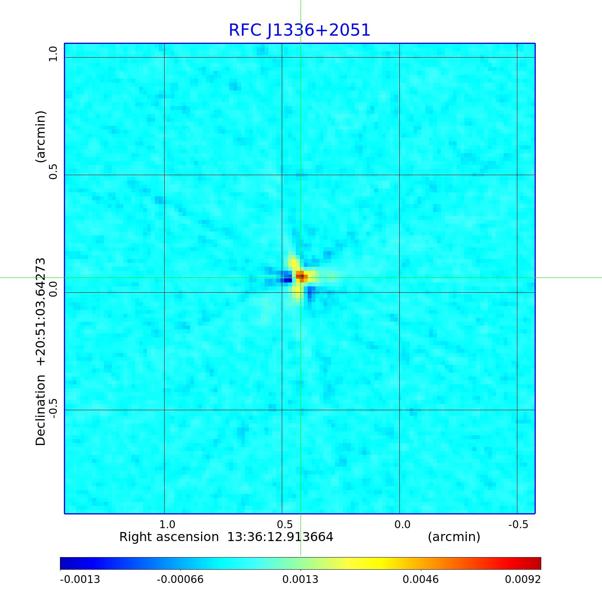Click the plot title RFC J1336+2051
299,30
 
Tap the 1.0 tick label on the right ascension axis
167,524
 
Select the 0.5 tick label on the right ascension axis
285,524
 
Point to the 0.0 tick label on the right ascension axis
402,524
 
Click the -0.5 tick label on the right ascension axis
518,524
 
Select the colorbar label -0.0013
80,579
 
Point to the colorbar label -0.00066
180,579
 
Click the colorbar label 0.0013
300,579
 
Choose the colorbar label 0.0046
421,579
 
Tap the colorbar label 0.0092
523,579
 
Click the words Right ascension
169,537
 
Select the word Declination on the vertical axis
41,410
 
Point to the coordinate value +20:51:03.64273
41,311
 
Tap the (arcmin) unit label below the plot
454,537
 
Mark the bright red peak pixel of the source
300,276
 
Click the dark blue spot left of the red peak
288,280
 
